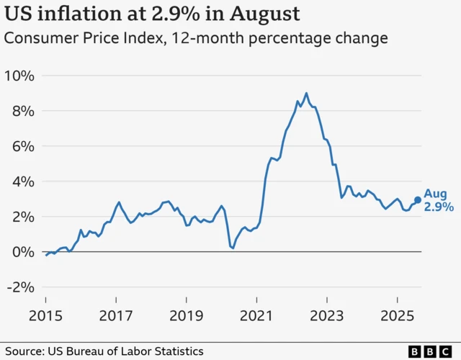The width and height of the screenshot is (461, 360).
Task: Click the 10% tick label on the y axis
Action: [20, 76]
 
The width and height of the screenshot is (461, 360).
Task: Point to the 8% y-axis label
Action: [23, 111]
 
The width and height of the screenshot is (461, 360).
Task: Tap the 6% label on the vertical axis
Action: [23, 146]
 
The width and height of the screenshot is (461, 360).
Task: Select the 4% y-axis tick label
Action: [23, 181]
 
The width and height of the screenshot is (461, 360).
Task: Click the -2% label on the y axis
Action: [20, 287]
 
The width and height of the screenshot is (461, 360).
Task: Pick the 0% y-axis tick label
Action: [23, 252]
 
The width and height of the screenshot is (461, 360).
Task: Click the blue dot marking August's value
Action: [417, 201]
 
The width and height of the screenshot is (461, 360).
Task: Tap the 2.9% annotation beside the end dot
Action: [439, 207]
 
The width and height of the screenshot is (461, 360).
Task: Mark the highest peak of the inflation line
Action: [306, 93]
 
